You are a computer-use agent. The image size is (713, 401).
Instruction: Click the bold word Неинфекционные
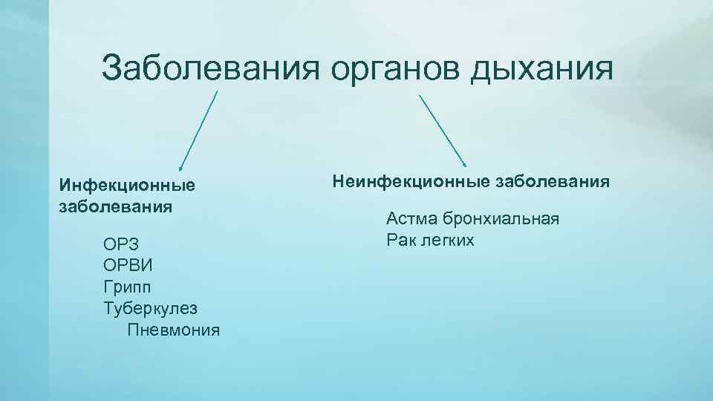tap(406, 180)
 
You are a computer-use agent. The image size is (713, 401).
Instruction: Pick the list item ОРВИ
tap(126, 265)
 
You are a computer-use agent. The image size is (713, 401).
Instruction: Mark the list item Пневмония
tap(174, 329)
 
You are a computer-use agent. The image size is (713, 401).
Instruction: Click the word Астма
tap(411, 219)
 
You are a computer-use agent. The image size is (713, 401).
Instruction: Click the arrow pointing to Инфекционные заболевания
tap(198, 130)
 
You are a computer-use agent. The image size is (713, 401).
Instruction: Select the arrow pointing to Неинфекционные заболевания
tap(443, 130)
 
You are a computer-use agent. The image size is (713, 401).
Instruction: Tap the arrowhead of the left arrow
tap(180, 169)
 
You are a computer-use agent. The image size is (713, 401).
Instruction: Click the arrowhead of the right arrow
tap(464, 164)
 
